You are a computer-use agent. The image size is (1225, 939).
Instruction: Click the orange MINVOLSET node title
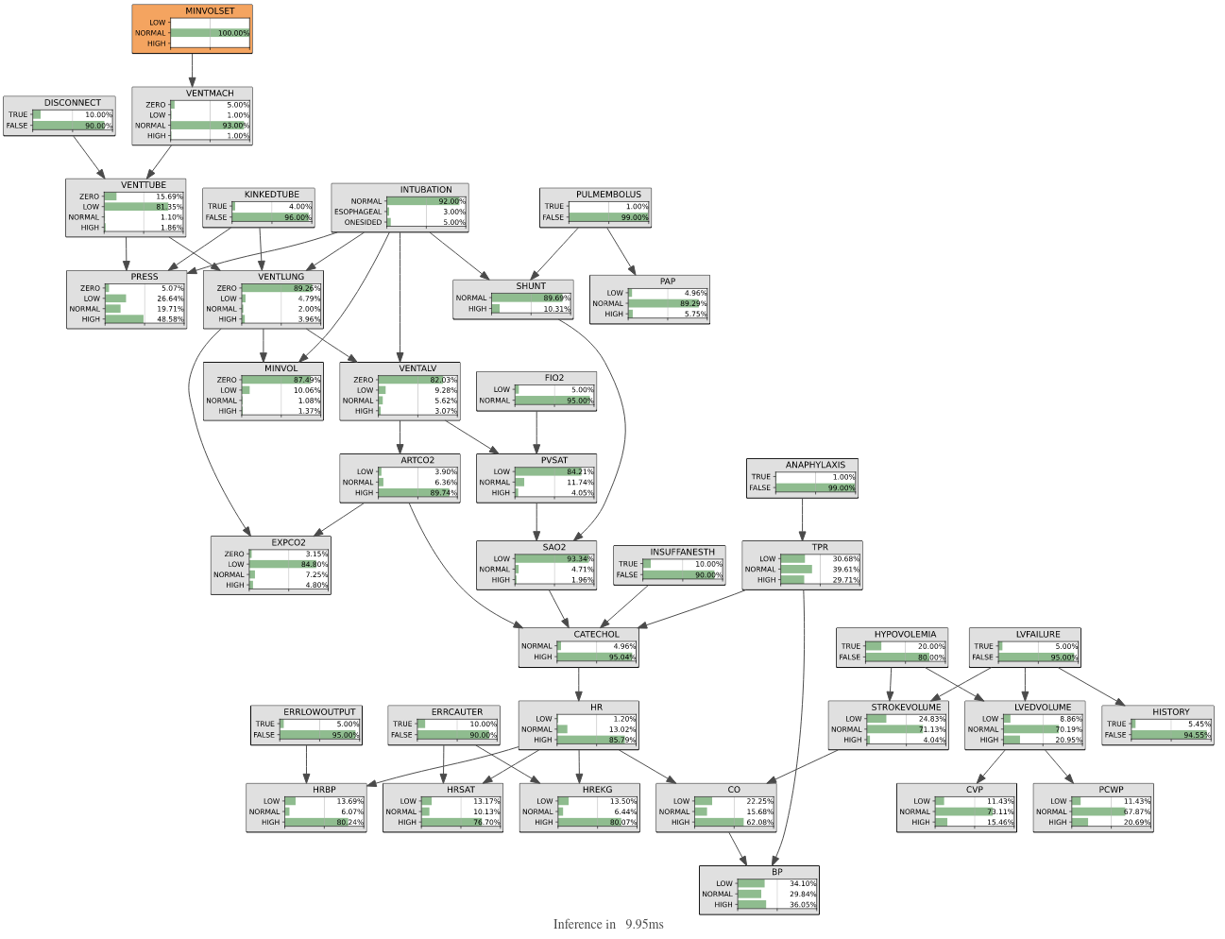(x=210, y=11)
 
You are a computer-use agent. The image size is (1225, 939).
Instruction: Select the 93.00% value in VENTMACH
(x=235, y=126)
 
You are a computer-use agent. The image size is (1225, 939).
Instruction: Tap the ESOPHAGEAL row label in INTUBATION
(x=358, y=212)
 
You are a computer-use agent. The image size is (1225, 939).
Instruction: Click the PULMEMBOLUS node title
(x=608, y=195)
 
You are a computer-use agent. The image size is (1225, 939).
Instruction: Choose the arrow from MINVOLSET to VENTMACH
(x=192, y=70)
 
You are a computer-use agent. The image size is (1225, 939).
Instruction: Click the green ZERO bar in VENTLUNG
(x=281, y=288)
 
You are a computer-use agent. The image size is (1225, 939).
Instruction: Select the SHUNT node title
(x=531, y=285)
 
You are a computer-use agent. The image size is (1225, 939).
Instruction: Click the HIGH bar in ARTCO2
(x=417, y=493)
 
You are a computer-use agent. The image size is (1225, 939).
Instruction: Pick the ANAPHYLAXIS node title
(x=815, y=465)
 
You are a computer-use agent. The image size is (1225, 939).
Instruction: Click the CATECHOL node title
(x=596, y=634)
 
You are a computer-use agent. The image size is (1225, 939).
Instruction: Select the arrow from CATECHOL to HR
(x=579, y=684)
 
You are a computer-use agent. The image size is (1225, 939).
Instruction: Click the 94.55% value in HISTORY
(x=1197, y=735)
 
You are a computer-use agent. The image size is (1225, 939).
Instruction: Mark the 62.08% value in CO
(x=759, y=822)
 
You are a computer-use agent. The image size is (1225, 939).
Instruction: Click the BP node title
(x=777, y=872)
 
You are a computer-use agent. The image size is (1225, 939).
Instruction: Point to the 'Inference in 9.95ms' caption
(x=608, y=924)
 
